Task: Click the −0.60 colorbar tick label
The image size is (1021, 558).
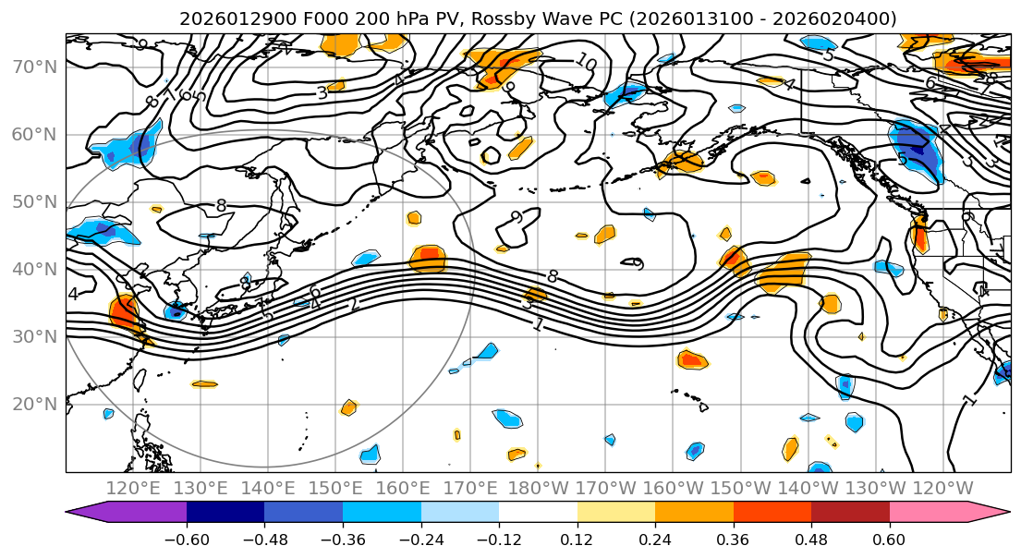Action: point(187,538)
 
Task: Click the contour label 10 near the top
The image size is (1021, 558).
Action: point(585,62)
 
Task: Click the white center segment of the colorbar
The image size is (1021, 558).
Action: point(538,513)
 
